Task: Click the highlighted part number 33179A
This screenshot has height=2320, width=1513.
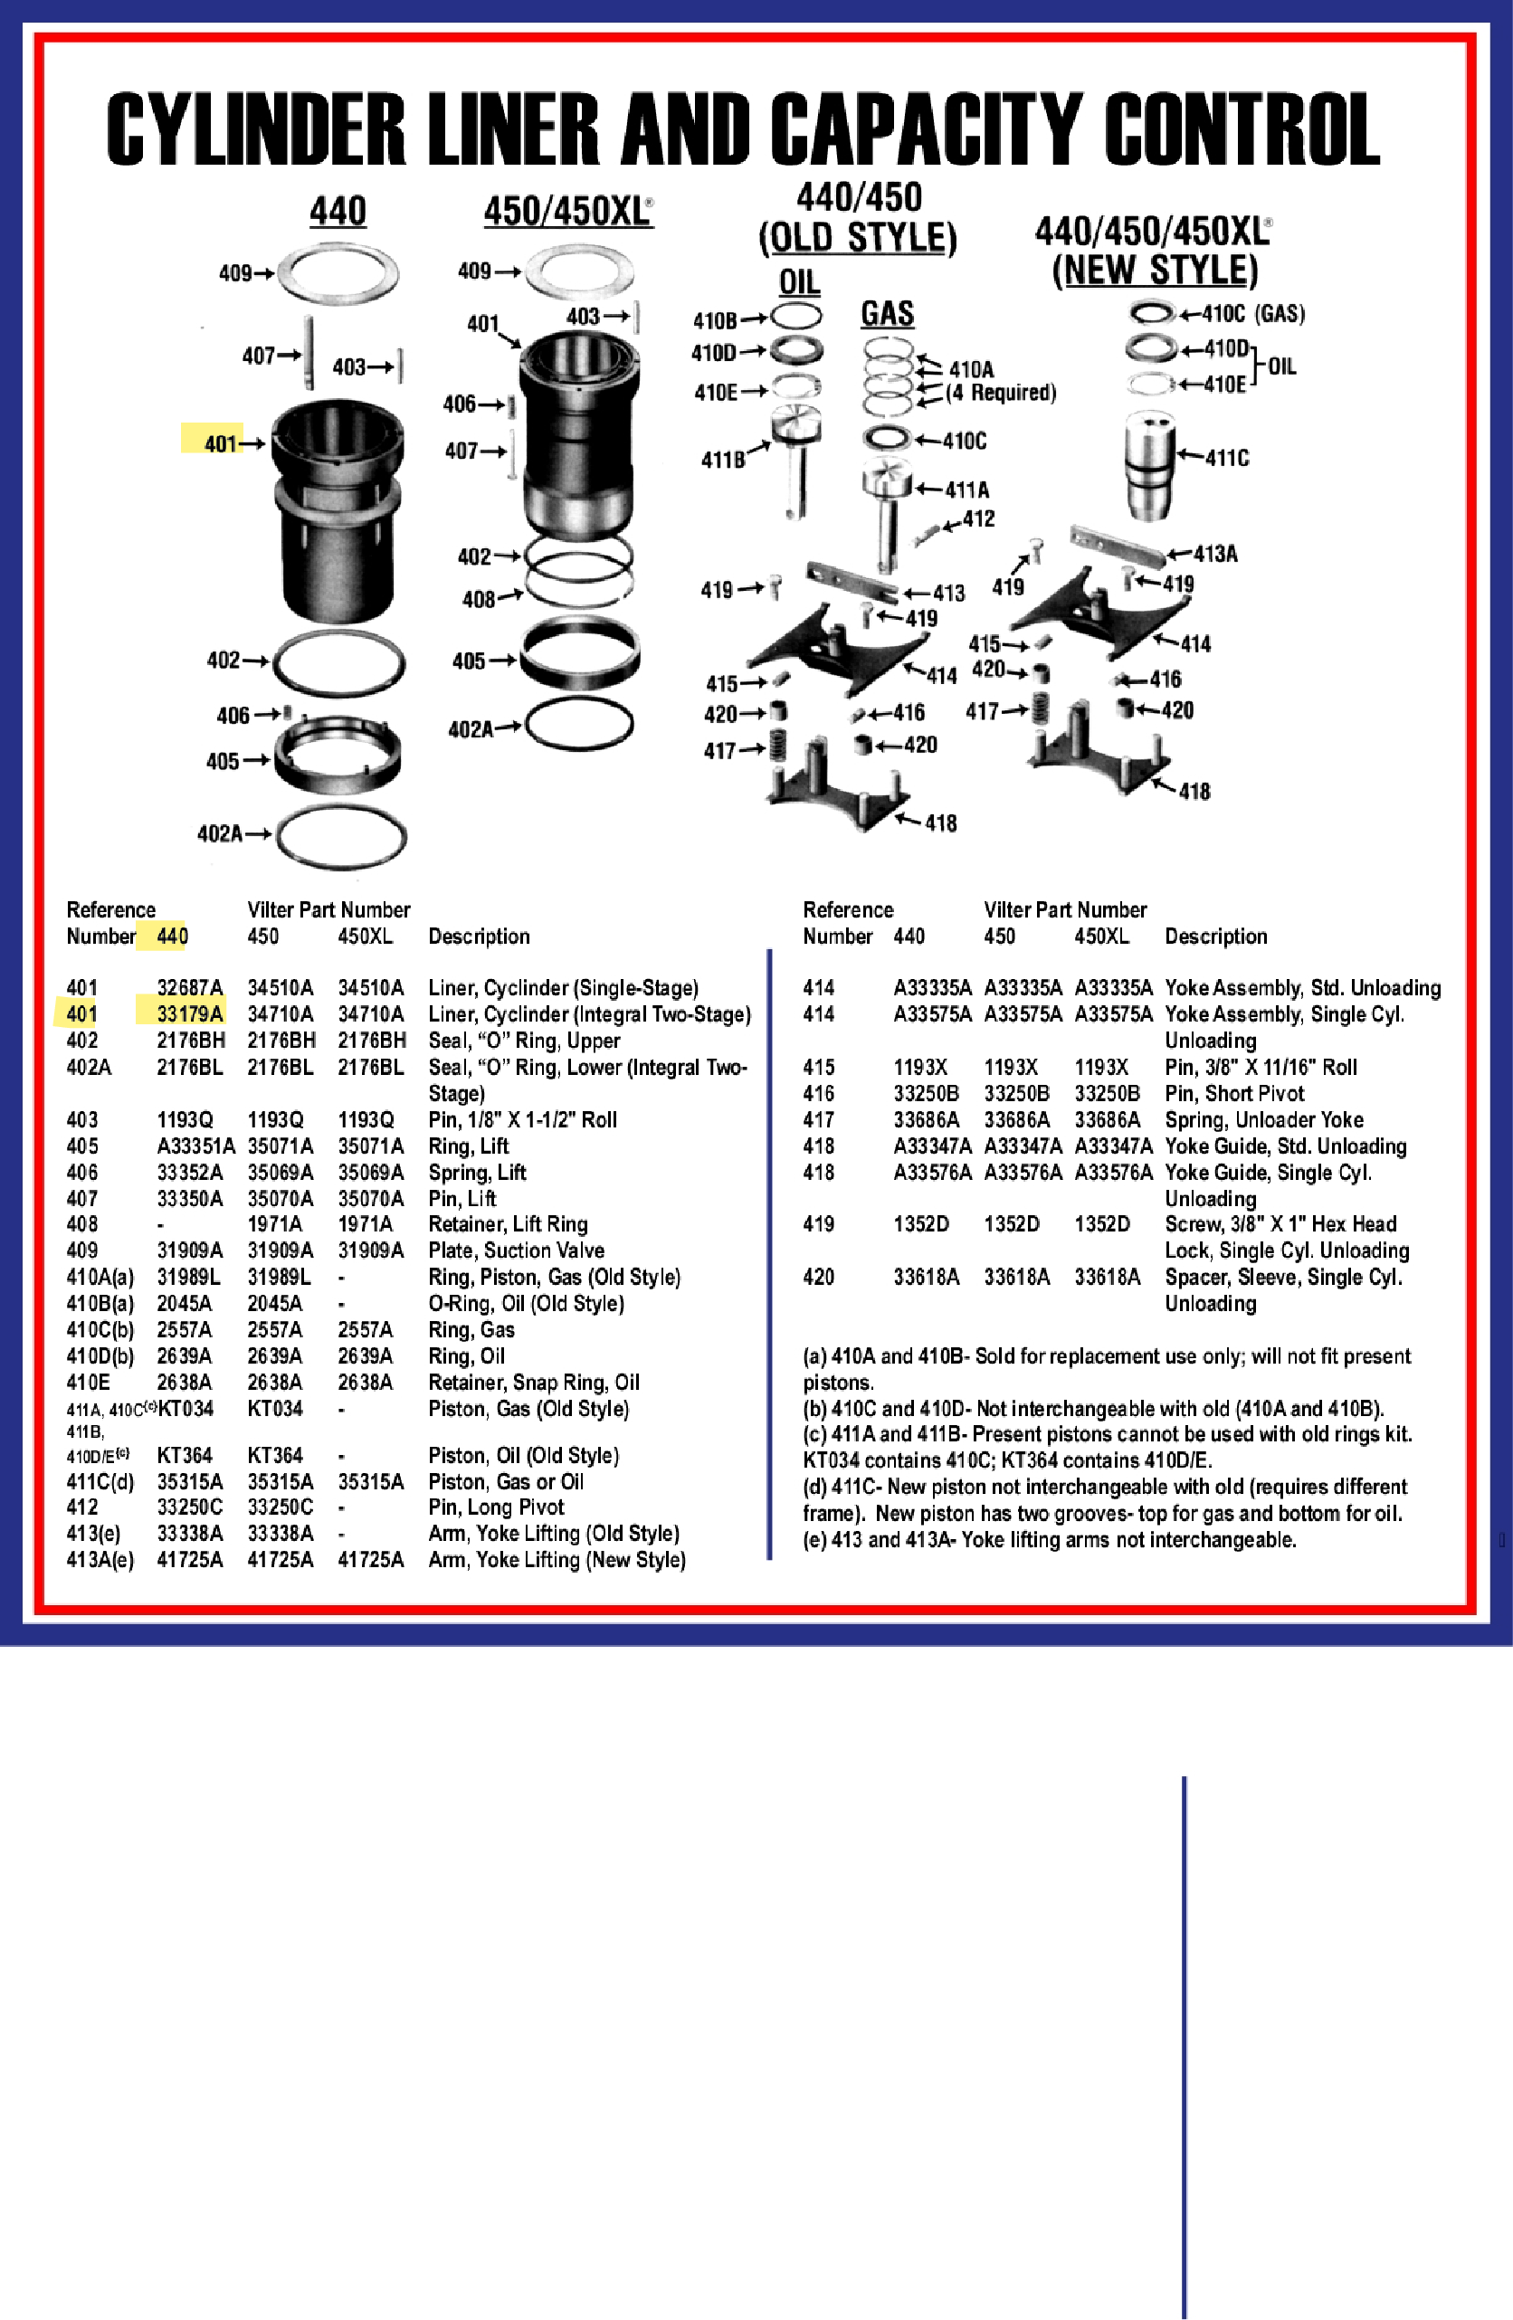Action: click(189, 1013)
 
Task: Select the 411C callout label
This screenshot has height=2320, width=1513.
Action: click(1226, 458)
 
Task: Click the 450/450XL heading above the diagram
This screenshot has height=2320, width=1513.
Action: click(567, 211)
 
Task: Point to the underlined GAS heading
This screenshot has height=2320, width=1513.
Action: click(887, 313)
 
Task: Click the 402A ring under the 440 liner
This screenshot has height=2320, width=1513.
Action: click(340, 835)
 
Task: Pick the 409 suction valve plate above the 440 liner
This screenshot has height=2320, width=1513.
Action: click(338, 273)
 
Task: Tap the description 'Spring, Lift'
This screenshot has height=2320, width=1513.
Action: click(478, 1172)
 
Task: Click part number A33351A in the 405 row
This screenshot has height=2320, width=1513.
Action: click(195, 1146)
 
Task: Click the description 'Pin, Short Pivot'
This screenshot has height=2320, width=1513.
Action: click(1234, 1093)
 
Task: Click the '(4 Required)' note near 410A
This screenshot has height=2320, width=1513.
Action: click(1001, 392)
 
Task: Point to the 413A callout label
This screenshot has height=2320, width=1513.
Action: click(1215, 554)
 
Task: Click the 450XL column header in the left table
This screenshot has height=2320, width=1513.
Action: click(365, 936)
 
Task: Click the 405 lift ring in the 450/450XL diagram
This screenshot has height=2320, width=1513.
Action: click(580, 655)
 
